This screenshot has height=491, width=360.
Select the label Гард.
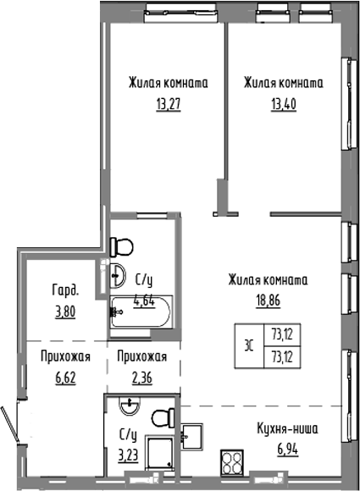65,290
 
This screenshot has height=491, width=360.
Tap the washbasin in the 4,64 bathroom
115,273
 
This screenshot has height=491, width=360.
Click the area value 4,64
147,297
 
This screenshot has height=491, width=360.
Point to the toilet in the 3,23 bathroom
161,417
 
